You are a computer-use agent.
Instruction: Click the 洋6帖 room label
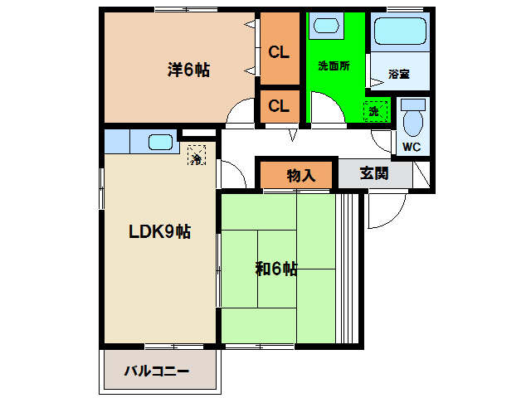pyautogui.click(x=188, y=70)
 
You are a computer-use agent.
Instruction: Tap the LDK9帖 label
pyautogui.click(x=158, y=233)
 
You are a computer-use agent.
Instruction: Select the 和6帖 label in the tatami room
pyautogui.click(x=276, y=268)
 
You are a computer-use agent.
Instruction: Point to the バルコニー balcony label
pyautogui.click(x=158, y=370)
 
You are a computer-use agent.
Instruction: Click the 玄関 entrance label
pyautogui.click(x=374, y=174)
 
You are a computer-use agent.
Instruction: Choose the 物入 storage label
pyautogui.click(x=300, y=175)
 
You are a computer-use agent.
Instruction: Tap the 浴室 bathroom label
pyautogui.click(x=398, y=75)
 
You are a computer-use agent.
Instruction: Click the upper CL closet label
pyautogui.click(x=279, y=51)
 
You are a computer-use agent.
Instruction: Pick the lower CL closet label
pyautogui.click(x=279, y=105)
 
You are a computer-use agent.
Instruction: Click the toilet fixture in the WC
pyautogui.click(x=412, y=120)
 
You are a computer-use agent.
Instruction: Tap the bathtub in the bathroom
pyautogui.click(x=400, y=31)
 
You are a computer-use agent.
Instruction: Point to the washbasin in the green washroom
pyautogui.click(x=326, y=26)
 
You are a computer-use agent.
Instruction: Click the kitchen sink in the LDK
pyautogui.click(x=160, y=142)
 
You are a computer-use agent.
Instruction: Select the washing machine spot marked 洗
pyautogui.click(x=374, y=111)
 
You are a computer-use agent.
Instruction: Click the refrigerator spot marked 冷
pyautogui.click(x=197, y=155)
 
